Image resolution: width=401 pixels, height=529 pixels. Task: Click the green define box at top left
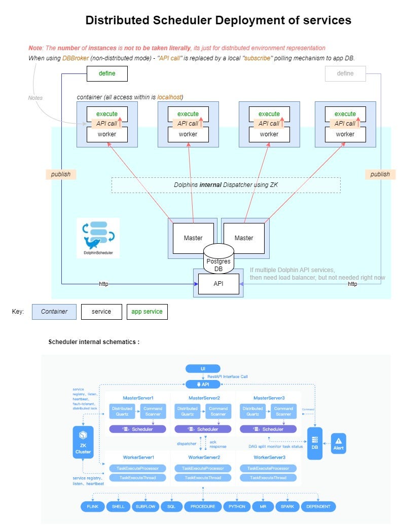pos(106,73)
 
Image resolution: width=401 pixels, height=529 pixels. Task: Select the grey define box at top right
pos(345,73)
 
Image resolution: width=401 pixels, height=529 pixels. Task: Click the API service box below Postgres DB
pos(218,284)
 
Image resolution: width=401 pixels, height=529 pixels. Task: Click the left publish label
pos(61,174)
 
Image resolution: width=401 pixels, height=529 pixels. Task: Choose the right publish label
pos(380,174)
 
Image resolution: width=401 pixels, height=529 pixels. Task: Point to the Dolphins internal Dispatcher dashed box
pos(226,185)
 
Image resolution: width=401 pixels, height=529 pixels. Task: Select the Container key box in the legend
pos(54,311)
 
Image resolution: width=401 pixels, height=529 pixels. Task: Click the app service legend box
pos(147,311)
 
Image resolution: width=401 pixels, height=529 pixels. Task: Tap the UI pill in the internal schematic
pos(203,368)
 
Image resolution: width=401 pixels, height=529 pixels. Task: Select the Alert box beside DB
pos(339,442)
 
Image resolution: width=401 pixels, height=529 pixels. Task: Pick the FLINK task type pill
pos(92,506)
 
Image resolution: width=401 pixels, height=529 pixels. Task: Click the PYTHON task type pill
pos(237,506)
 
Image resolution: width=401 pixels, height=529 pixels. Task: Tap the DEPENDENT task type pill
pos(318,506)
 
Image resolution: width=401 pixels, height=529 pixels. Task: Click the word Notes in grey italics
pos(35,98)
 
